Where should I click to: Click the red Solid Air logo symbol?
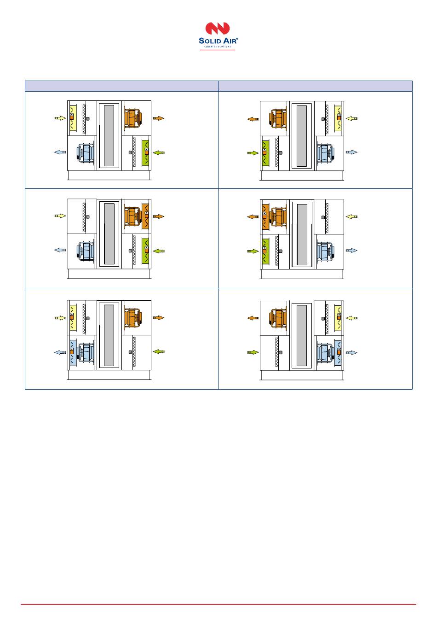coord(217,28)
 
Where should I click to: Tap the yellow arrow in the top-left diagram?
coord(60,118)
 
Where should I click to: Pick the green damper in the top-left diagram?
coord(146,152)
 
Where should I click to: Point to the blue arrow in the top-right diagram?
coord(351,152)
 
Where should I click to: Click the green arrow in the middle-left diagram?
coord(159,251)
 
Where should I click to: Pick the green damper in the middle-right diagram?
coord(265,251)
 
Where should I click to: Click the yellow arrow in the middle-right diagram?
coord(351,216)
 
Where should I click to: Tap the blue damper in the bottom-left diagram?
coord(73,352)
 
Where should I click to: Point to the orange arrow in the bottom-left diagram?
coord(159,318)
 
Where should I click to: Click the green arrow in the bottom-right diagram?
coord(253,352)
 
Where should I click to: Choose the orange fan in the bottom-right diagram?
coord(278,318)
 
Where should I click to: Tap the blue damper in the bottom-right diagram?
coord(339,352)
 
